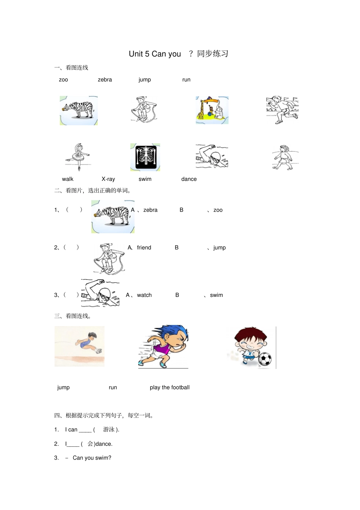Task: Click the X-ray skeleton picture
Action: pyautogui.click(x=145, y=157)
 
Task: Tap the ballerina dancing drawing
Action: pyautogui.click(x=78, y=157)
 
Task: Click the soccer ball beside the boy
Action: pyautogui.click(x=265, y=359)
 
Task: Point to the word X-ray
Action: pyautogui.click(x=108, y=179)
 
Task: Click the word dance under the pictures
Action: pyautogui.click(x=189, y=179)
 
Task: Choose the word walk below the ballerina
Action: pyautogui.click(x=68, y=179)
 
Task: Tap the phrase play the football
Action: pyautogui.click(x=169, y=387)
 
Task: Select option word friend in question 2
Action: pyautogui.click(x=144, y=248)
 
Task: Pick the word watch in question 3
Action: pyautogui.click(x=144, y=295)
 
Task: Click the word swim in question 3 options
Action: pyautogui.click(x=216, y=295)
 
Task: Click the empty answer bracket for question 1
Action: pyautogui.click(x=74, y=210)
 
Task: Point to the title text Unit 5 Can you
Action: pyautogui.click(x=155, y=54)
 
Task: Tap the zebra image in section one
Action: pyautogui.click(x=79, y=110)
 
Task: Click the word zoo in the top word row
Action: pyautogui.click(x=63, y=80)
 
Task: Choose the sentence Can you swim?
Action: pyautogui.click(x=92, y=458)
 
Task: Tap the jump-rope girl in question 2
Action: pyautogui.click(x=108, y=258)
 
